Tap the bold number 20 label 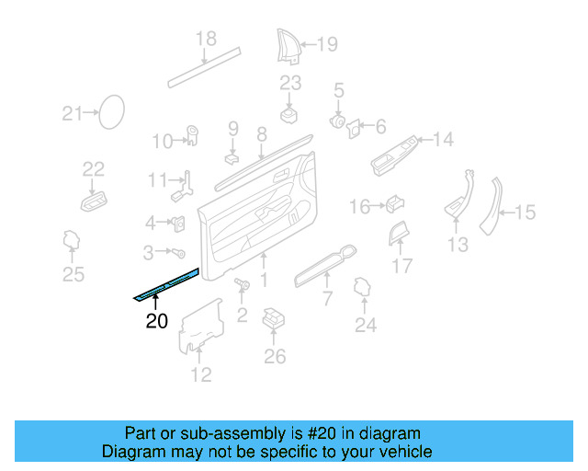(x=157, y=321)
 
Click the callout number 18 (x=206, y=40)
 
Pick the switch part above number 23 (x=290, y=115)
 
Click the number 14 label (x=443, y=140)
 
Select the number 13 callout (x=458, y=244)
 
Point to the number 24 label (x=366, y=324)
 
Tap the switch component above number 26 (x=273, y=319)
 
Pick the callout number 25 (x=73, y=273)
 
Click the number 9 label (x=233, y=128)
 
